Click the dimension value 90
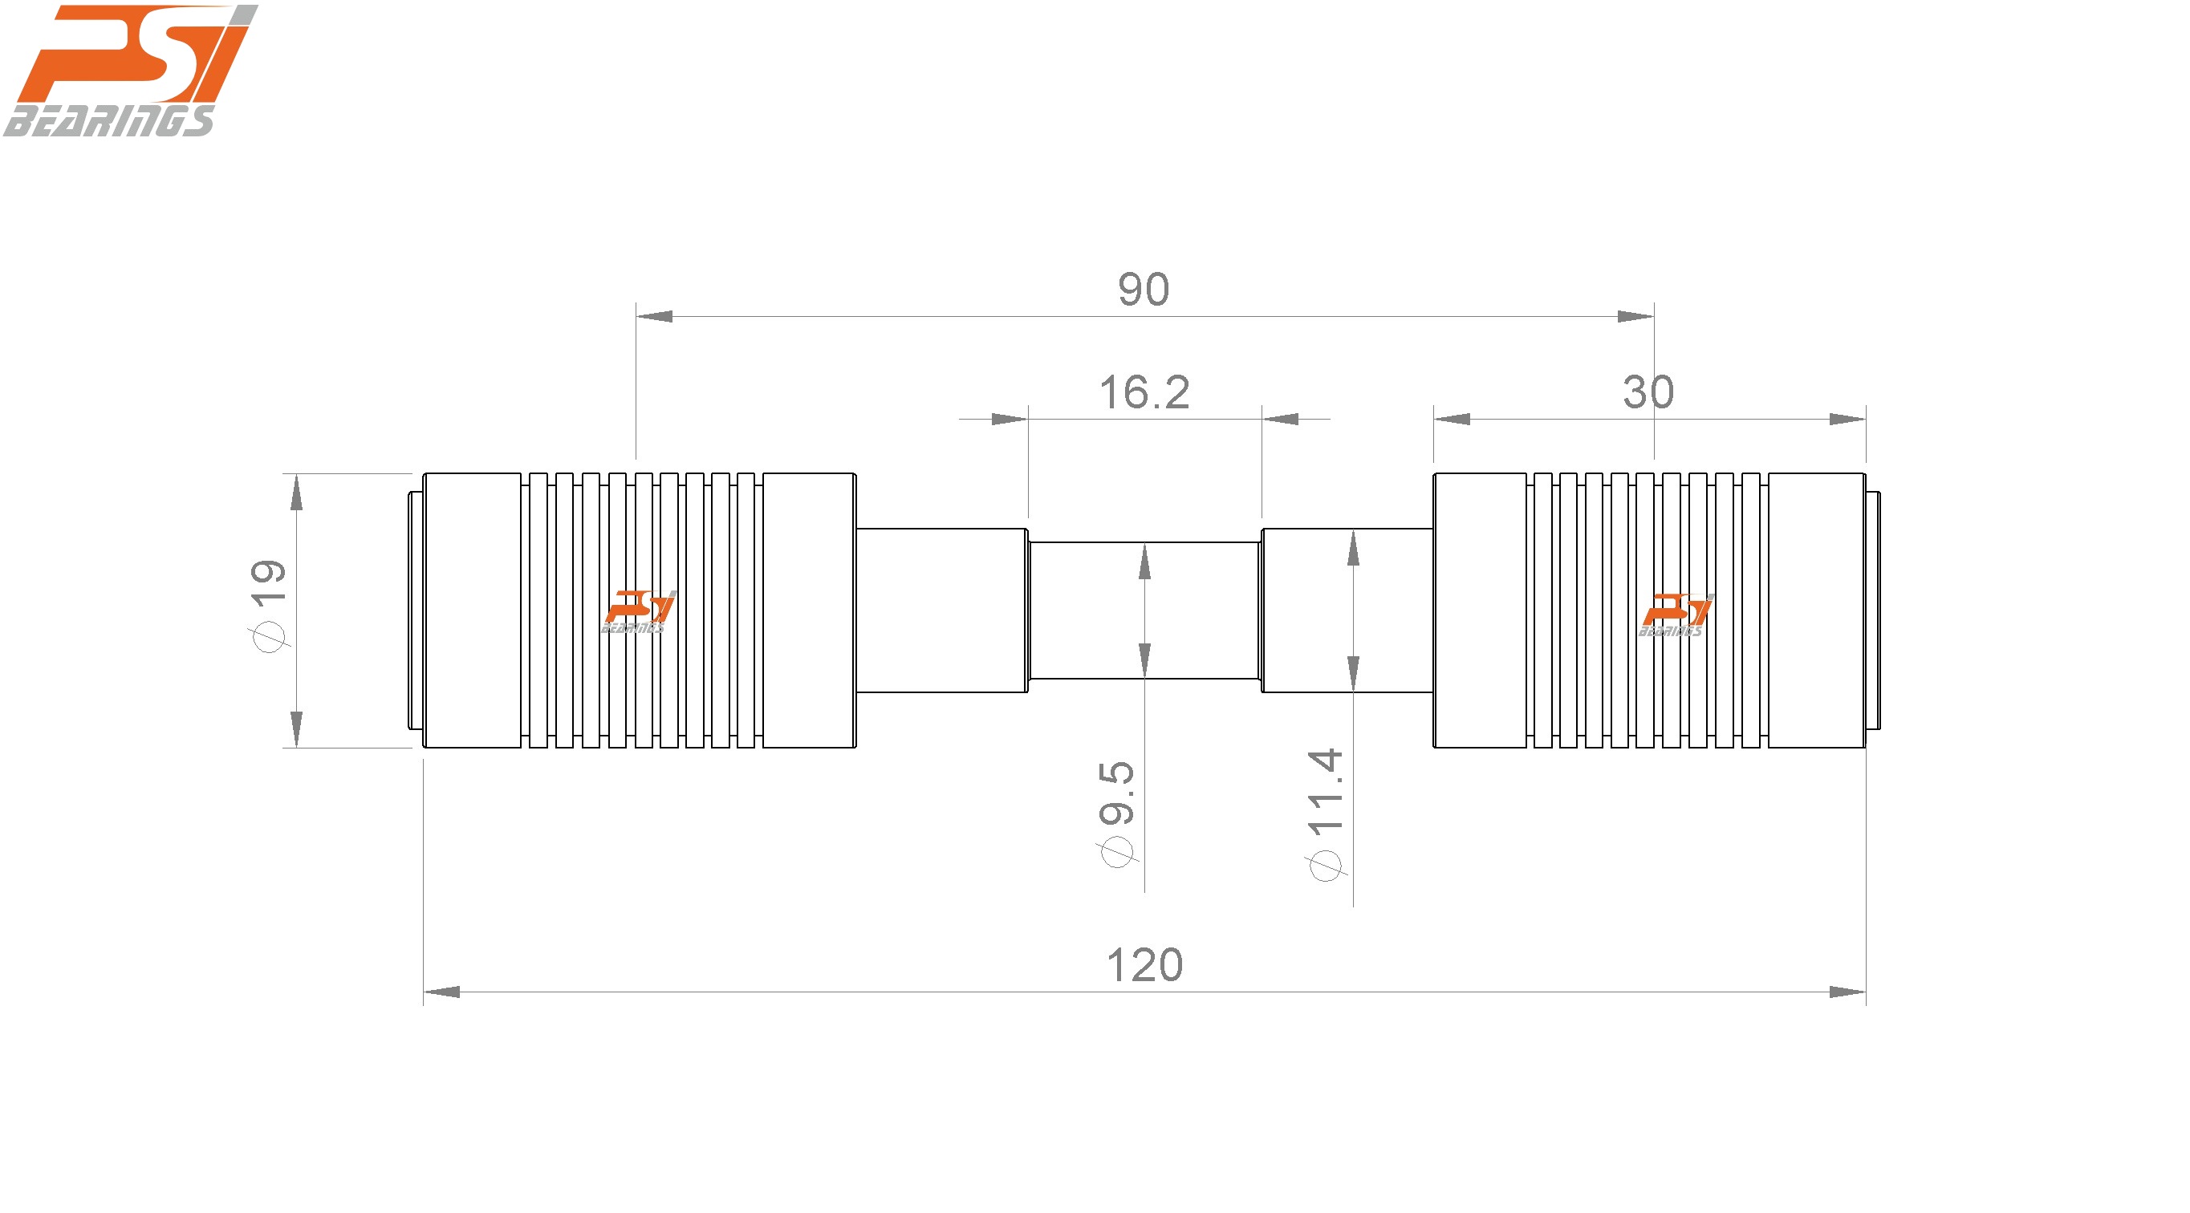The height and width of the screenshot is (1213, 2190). (x=1144, y=290)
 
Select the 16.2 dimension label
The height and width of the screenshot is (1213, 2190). (x=1144, y=393)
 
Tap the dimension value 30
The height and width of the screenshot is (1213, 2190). (x=1648, y=393)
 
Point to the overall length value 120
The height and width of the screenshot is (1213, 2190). (x=1144, y=966)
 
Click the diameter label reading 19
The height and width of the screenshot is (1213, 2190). (x=267, y=604)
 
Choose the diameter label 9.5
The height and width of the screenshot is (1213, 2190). (x=1117, y=813)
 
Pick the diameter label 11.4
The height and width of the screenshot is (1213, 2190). (x=1326, y=813)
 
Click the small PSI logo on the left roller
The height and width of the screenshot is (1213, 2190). (x=639, y=611)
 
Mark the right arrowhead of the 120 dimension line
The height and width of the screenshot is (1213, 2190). (x=1847, y=992)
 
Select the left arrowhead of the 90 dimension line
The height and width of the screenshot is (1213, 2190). (x=655, y=316)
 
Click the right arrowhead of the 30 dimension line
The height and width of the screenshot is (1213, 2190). (x=1847, y=419)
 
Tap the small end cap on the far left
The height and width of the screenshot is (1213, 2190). (x=415, y=611)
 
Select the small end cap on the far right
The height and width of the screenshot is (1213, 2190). (x=1873, y=611)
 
